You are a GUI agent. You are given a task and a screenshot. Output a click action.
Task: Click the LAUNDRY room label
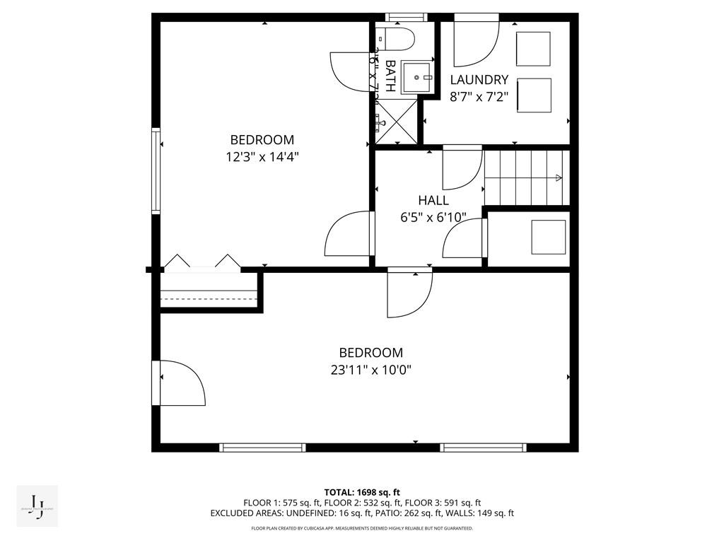(479, 80)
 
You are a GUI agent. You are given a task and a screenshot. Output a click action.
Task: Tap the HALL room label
(433, 201)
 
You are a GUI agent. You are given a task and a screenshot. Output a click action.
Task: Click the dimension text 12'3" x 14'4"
(262, 157)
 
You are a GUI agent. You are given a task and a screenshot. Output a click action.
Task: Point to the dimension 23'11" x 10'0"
(370, 370)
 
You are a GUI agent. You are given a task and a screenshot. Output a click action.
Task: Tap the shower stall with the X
(396, 122)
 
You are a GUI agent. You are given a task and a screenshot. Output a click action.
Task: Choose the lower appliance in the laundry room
(534, 94)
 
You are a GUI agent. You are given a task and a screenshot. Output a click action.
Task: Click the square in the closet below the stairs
(548, 237)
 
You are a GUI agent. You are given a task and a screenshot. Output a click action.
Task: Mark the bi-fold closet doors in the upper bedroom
(201, 262)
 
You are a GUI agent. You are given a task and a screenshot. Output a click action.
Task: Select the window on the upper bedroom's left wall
(156, 170)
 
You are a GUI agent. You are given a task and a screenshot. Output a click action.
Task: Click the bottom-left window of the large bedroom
(262, 448)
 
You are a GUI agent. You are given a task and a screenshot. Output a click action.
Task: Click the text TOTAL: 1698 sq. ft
(362, 492)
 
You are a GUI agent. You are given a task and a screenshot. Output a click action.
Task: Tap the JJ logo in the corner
(37, 506)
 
